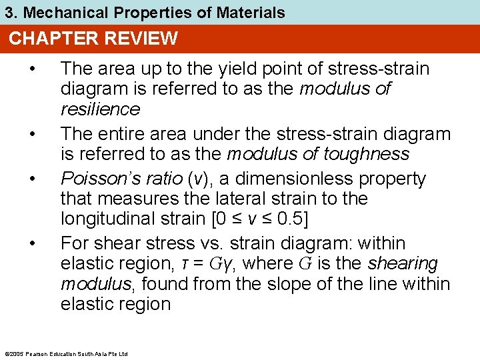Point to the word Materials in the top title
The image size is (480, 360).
253,12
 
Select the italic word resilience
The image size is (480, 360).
100,109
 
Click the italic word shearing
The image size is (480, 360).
402,264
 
